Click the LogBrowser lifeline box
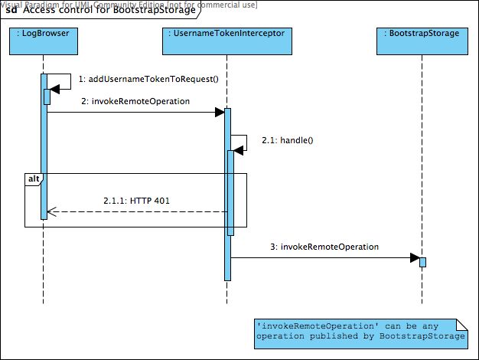pyautogui.click(x=44, y=43)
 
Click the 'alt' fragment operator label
pyautogui.click(x=33, y=179)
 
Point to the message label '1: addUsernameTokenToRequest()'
pyautogui.click(x=142, y=79)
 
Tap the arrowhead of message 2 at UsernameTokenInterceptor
pyautogui.click(x=220, y=113)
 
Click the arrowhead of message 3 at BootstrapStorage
pyautogui.click(x=414, y=258)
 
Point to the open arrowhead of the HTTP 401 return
pyautogui.click(x=51, y=212)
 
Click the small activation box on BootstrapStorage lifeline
pyautogui.click(x=422, y=262)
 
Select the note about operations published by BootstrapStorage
pyautogui.click(x=360, y=331)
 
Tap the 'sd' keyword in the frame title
pyautogui.click(x=11, y=11)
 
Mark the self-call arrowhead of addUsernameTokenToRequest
pyautogui.click(x=54, y=90)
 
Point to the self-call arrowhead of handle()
pyautogui.click(x=238, y=151)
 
